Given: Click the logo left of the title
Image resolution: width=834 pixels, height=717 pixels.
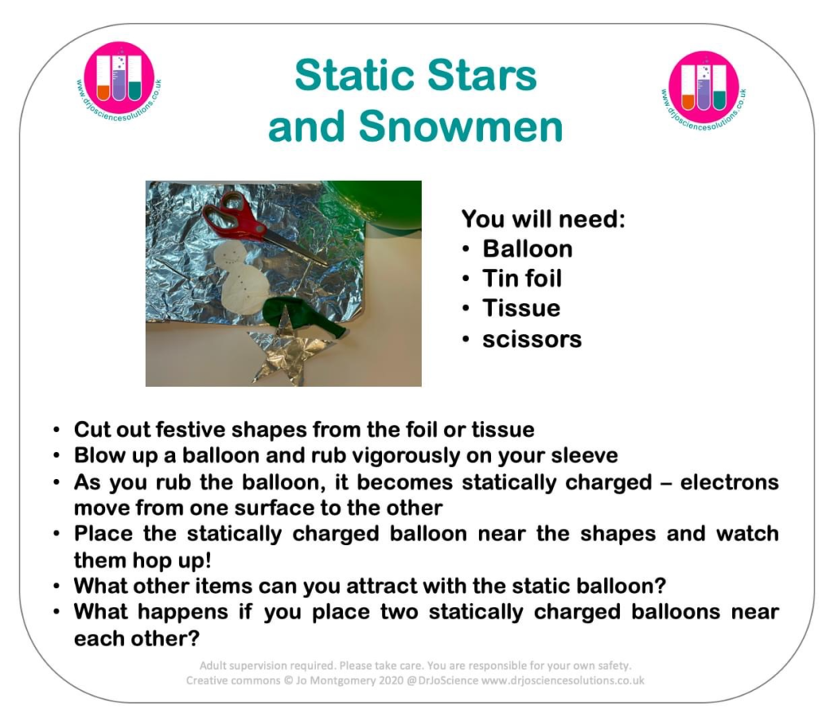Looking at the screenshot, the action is (x=119, y=81).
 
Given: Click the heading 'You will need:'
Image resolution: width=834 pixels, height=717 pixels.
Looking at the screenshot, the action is (x=543, y=218).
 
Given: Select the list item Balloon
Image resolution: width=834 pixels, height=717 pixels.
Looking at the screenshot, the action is (x=527, y=249).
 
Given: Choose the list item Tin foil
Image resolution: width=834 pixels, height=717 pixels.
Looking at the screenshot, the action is (x=522, y=278).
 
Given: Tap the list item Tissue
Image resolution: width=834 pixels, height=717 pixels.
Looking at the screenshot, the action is (x=521, y=308).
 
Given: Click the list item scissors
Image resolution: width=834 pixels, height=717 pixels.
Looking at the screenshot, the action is (x=532, y=339).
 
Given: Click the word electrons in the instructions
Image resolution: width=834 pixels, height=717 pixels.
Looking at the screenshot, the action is (x=729, y=482).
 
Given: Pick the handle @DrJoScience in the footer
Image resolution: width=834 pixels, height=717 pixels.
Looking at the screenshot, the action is (x=442, y=680).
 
